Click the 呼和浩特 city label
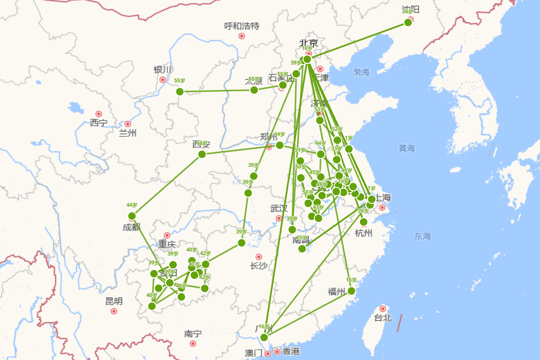click(242, 26)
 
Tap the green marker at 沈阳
click(408, 22)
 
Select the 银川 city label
click(162, 70)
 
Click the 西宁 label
click(99, 122)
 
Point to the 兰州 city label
click(127, 133)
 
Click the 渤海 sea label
click(361, 72)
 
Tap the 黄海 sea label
click(407, 148)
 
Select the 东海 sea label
click(423, 236)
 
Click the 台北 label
click(383, 318)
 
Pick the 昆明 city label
click(114, 301)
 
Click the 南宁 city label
click(193, 334)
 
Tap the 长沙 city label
click(259, 266)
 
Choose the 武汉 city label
click(279, 209)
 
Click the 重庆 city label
click(166, 245)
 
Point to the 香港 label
click(291, 351)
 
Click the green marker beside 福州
click(351, 291)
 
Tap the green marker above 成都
click(132, 216)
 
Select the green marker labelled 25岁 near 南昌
click(302, 248)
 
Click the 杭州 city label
click(364, 233)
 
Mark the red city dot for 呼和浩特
click(242, 36)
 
